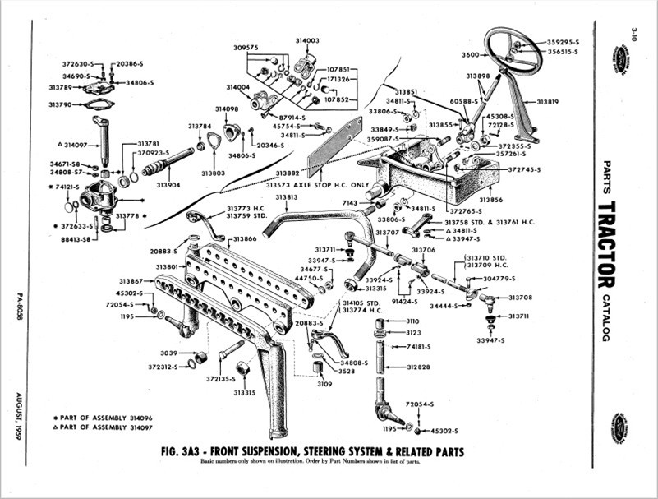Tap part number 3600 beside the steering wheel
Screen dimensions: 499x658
[x=469, y=54]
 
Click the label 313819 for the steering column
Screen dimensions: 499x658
[x=548, y=102]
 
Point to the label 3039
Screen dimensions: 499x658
[x=172, y=353]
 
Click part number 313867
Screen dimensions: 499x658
[x=131, y=281]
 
